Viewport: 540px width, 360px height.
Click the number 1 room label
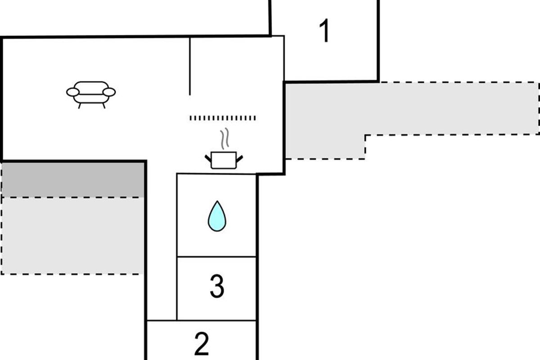[324, 31]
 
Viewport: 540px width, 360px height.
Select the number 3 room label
[217, 286]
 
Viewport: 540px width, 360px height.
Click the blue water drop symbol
[217, 216]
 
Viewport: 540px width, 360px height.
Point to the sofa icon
[91, 95]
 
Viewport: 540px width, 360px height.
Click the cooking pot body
[224, 160]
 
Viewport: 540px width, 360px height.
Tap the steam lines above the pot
[225, 139]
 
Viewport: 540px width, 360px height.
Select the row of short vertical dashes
[222, 118]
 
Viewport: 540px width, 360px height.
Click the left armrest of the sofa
[73, 92]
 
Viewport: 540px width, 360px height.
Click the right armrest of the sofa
[109, 92]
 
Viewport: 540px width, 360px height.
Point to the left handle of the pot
[208, 158]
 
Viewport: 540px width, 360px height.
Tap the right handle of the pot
[239, 159]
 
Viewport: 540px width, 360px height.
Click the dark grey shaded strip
[73, 180]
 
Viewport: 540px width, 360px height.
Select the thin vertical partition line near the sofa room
[190, 66]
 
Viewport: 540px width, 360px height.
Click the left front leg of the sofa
[80, 106]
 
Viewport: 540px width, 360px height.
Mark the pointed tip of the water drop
[217, 201]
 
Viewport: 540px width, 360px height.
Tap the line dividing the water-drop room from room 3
[216, 257]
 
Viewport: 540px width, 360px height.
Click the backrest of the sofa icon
[91, 86]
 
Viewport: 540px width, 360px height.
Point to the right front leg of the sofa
[104, 106]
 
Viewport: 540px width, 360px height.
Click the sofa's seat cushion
[91, 99]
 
